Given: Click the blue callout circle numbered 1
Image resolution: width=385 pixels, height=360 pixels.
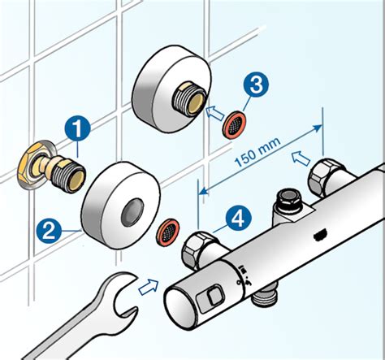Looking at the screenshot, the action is point(77,129).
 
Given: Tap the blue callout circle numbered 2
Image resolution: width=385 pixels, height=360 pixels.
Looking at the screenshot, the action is point(50,232).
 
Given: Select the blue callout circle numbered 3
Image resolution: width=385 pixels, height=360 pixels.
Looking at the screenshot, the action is point(256,85).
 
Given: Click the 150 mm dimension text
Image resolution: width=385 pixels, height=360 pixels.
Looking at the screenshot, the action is point(257,152).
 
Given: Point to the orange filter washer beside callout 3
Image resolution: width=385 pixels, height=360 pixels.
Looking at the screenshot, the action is point(235,126).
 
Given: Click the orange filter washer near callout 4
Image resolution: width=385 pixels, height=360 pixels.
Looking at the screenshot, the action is point(168,231).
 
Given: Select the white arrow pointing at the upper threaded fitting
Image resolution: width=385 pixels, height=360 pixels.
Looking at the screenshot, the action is point(216,114).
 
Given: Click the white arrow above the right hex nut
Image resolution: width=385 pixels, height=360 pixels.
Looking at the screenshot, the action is point(301,158).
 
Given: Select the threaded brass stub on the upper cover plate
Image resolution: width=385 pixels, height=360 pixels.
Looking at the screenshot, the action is point(189,101).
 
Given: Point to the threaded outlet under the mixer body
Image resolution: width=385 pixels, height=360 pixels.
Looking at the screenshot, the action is point(265,297).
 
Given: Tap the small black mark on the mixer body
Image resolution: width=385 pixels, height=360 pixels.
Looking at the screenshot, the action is point(320,234).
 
